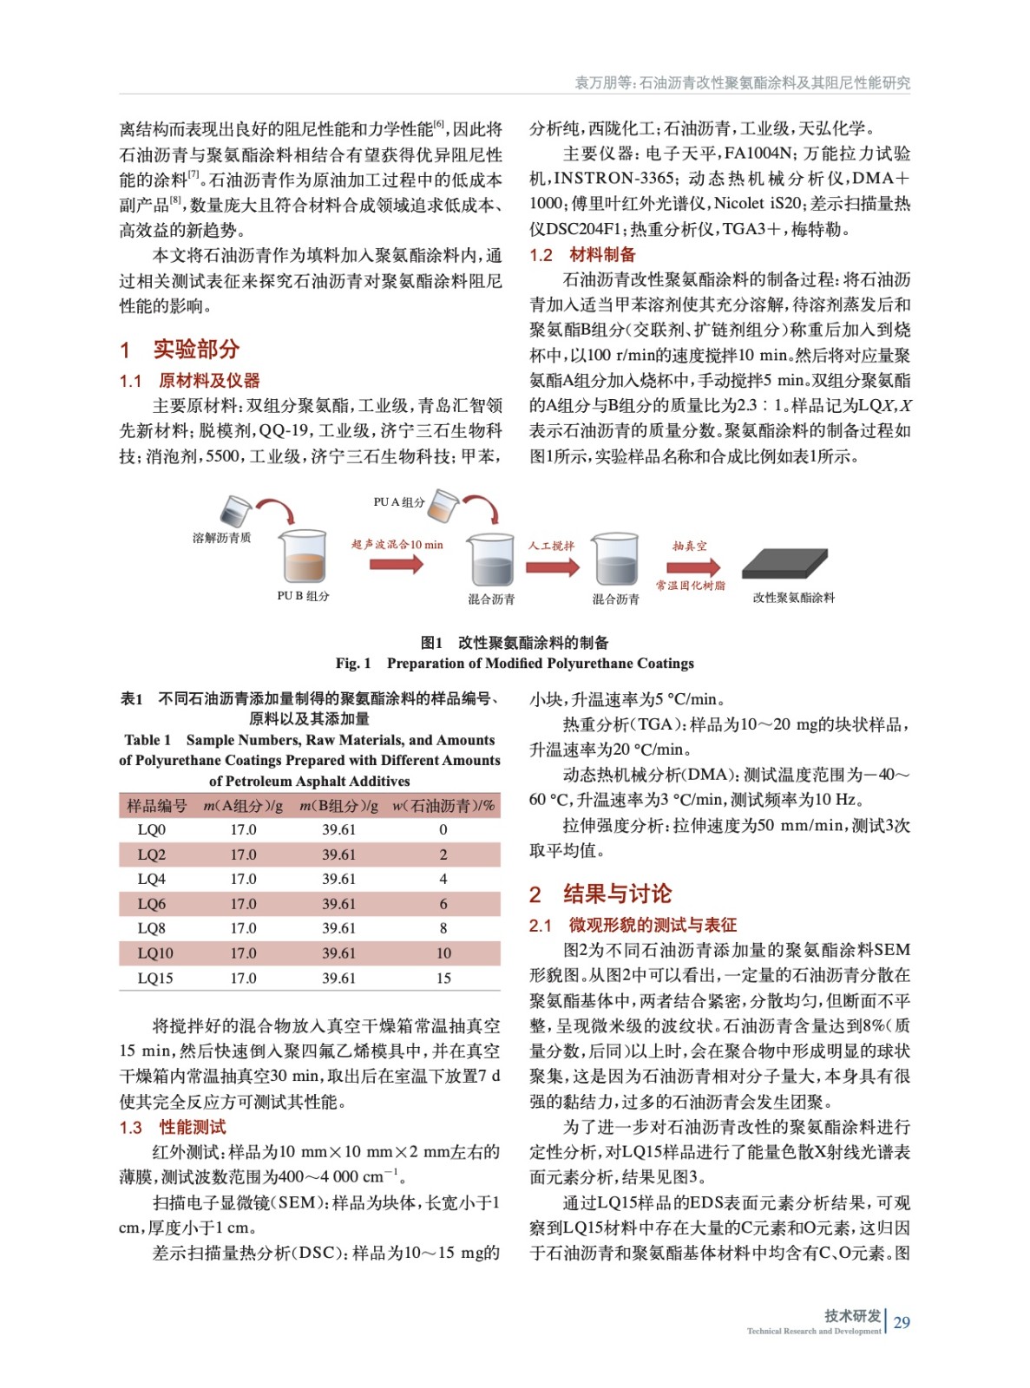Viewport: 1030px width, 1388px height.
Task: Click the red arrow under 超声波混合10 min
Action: coord(396,564)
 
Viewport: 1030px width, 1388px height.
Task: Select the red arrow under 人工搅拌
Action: coord(552,566)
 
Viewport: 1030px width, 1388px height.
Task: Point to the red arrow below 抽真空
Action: coord(692,566)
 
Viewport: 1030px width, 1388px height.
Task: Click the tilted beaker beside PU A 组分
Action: coord(443,505)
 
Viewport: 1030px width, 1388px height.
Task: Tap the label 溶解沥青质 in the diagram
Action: coord(221,538)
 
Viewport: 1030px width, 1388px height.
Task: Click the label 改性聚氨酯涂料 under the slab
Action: coord(793,598)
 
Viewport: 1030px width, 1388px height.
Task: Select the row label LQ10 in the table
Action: coord(155,953)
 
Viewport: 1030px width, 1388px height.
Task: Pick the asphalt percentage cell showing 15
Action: coord(443,978)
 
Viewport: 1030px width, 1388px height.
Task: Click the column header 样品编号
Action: coord(156,806)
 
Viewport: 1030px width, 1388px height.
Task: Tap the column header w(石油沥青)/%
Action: coord(443,806)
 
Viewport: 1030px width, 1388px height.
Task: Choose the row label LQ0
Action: coord(152,829)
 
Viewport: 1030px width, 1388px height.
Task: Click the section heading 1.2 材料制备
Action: coord(582,255)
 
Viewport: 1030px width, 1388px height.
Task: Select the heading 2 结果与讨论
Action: coord(600,894)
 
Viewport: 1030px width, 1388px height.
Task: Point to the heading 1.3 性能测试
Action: coord(173,1127)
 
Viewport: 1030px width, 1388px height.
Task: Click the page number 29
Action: coord(902,1322)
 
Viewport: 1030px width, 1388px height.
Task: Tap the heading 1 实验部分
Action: coord(180,350)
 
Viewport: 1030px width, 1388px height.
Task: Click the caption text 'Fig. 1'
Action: coord(353,664)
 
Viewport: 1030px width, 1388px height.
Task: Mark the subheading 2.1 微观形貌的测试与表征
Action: coord(633,925)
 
